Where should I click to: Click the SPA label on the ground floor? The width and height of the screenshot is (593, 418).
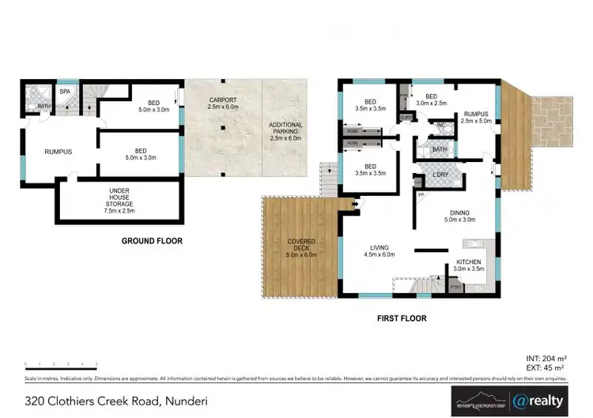pos(42,92)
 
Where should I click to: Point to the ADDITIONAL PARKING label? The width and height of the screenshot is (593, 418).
pos(285,131)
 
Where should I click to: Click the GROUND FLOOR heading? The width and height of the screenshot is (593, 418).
pos(152,240)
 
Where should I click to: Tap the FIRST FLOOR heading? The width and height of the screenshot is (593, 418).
pos(401,318)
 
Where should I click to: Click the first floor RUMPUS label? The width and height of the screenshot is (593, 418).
pos(478,118)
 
